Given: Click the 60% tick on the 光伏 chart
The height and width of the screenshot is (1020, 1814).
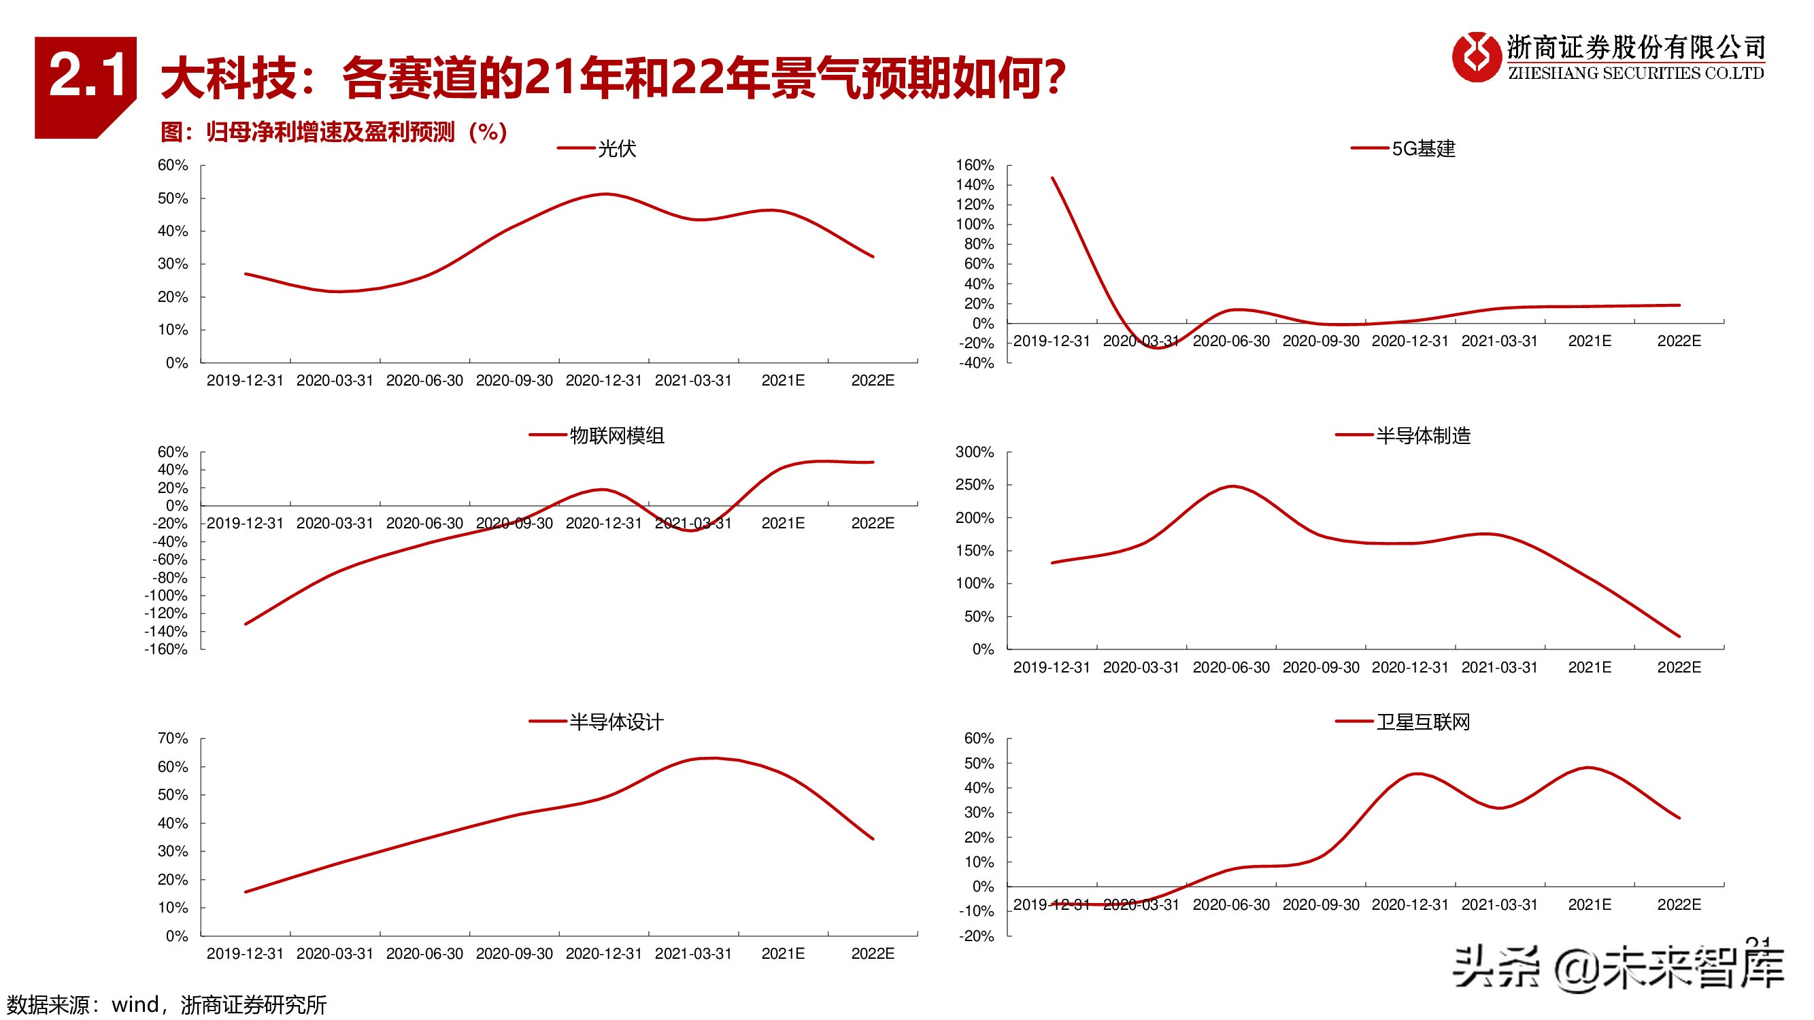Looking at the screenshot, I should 173,165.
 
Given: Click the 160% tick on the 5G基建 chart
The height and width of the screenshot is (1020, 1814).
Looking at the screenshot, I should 975,165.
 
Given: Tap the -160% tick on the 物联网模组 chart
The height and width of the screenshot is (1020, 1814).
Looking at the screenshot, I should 166,649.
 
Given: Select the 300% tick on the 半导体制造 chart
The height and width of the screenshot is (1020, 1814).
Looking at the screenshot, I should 975,452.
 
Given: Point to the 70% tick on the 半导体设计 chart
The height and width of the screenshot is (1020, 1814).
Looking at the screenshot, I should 173,738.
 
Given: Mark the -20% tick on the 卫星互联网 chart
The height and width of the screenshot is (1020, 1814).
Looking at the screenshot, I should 976,936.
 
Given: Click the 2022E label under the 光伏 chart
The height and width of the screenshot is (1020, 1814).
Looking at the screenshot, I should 873,381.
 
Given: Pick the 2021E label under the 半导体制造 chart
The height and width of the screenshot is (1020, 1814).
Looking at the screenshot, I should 1590,667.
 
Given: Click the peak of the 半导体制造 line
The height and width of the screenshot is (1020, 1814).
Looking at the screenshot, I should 1232,486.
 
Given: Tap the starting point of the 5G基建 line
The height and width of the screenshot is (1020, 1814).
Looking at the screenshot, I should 1052,178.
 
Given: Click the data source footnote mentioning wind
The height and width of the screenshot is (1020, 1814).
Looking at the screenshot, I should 166,1004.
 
